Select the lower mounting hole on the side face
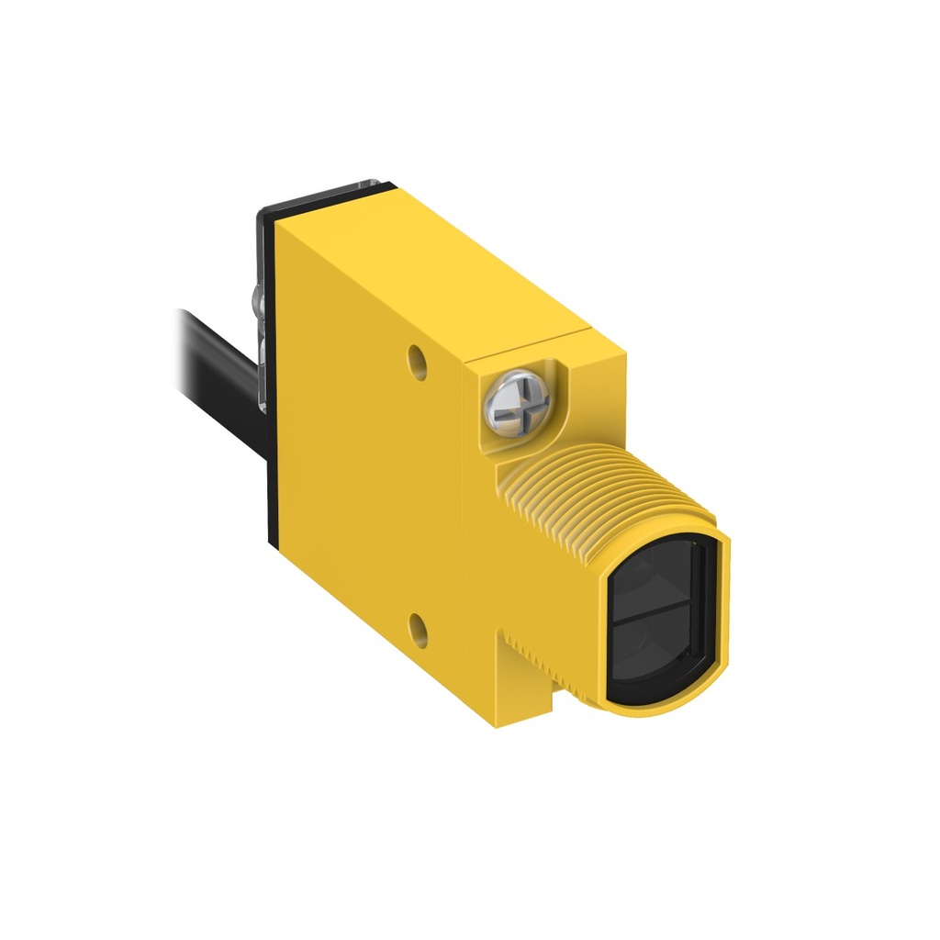[419, 629]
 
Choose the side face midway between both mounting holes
[404, 496]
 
